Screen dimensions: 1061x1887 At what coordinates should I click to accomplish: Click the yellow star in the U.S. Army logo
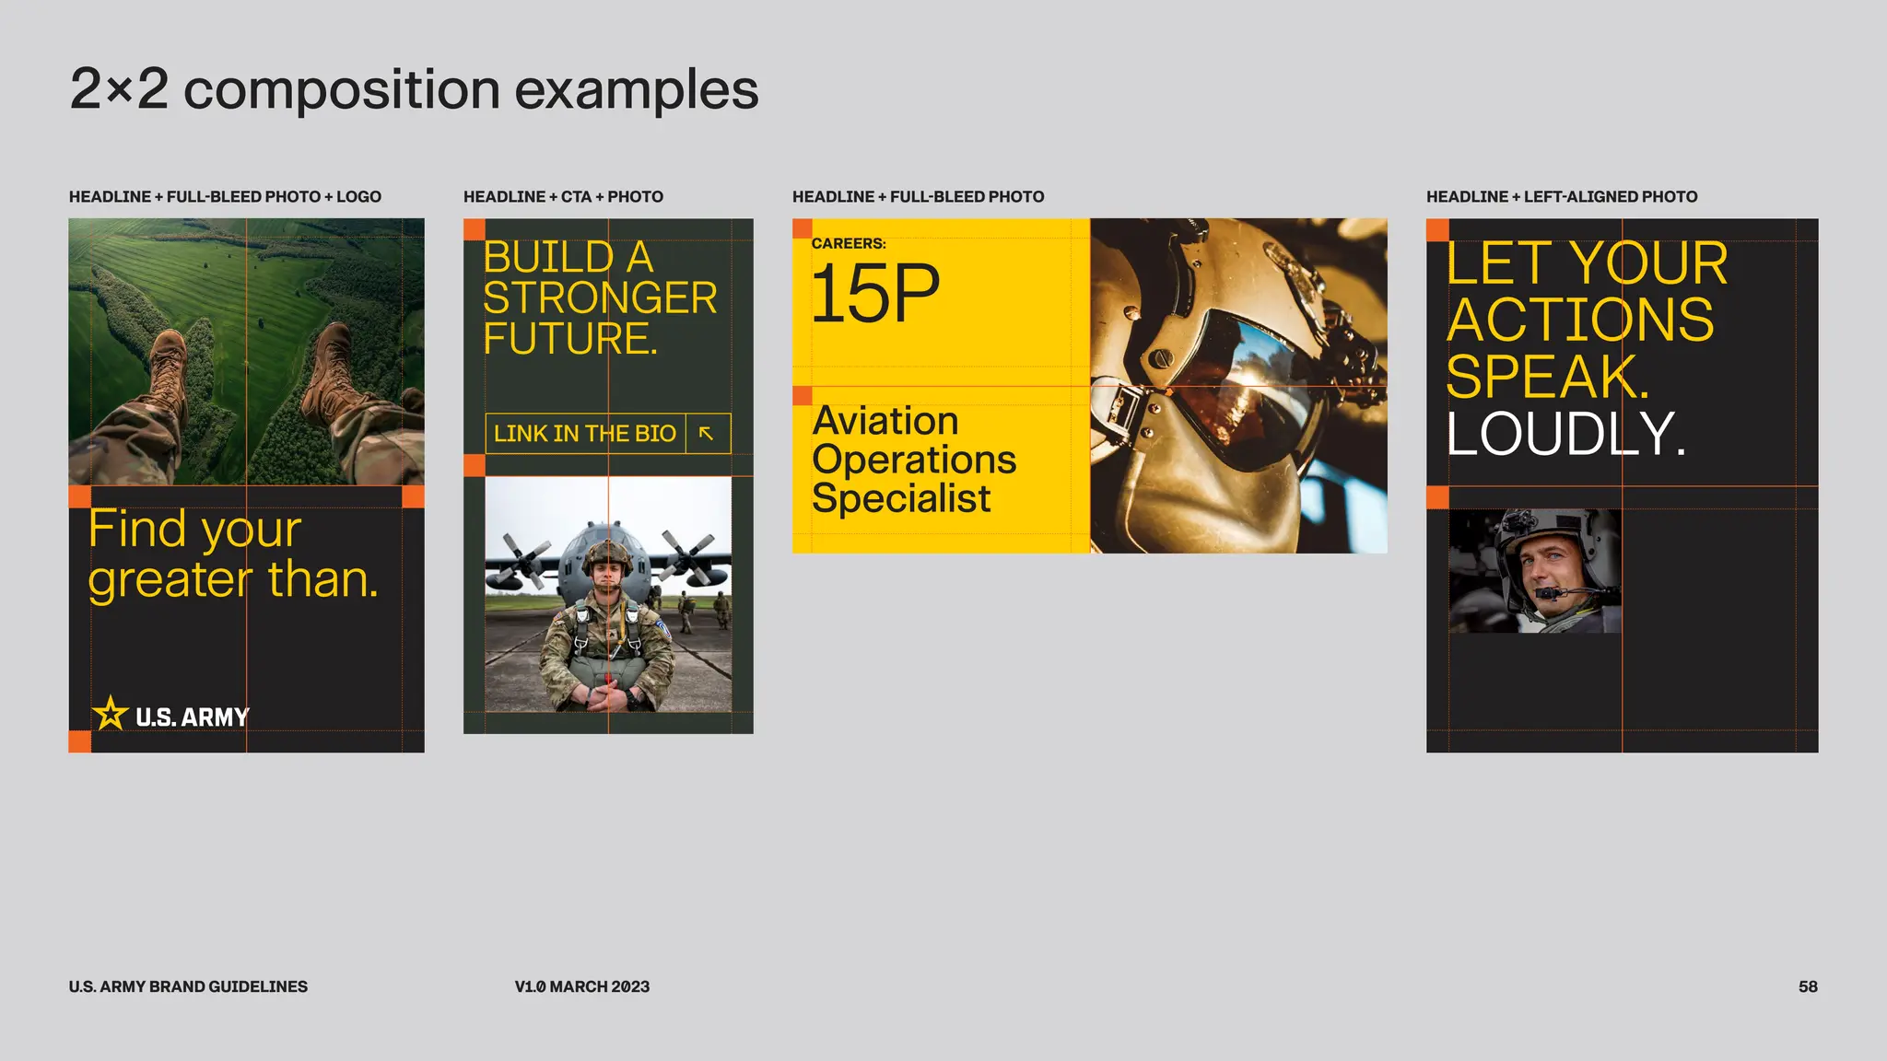click(x=110, y=714)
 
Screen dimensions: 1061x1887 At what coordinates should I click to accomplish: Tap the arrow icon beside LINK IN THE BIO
click(x=707, y=434)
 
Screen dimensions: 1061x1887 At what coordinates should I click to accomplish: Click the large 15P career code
click(x=874, y=294)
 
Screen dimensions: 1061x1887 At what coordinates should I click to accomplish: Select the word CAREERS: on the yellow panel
click(x=848, y=244)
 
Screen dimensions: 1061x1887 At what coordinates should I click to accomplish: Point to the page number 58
click(x=1807, y=986)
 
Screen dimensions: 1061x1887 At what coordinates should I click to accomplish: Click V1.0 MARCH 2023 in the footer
click(x=581, y=986)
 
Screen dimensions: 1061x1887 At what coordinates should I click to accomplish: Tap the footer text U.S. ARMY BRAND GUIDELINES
click(x=188, y=986)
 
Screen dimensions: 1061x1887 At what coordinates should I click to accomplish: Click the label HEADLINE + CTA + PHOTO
click(x=563, y=197)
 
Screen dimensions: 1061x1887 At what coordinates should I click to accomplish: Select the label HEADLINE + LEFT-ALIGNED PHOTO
click(x=1561, y=197)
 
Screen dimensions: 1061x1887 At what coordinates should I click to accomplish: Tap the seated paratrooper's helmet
click(x=606, y=554)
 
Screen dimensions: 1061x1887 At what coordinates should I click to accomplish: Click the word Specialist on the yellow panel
click(x=900, y=499)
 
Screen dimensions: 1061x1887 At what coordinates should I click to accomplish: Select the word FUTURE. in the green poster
click(x=570, y=339)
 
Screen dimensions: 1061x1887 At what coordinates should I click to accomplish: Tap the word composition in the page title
click(x=341, y=90)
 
